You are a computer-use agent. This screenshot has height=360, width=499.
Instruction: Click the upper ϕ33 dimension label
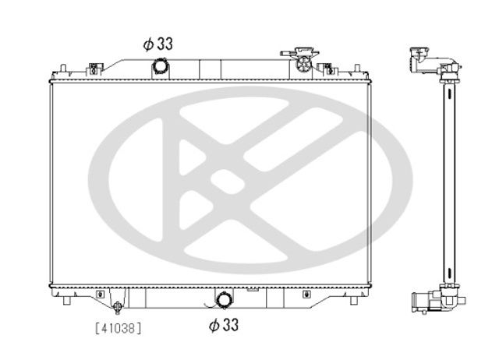[x=157, y=44]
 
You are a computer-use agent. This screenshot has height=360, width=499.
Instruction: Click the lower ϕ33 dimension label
[x=224, y=325]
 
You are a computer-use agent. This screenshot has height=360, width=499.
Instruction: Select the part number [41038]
[x=118, y=328]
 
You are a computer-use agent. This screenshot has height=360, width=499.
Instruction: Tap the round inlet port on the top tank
[x=160, y=65]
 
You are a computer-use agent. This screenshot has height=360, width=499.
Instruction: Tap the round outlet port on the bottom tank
[x=224, y=299]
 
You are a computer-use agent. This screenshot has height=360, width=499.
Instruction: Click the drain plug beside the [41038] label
[x=118, y=307]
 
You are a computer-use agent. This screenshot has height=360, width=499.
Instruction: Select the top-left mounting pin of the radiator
[x=63, y=69]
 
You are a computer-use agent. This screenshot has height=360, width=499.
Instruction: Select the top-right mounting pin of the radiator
[x=357, y=69]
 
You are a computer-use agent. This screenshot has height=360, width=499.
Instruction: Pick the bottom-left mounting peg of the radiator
[x=66, y=301]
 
